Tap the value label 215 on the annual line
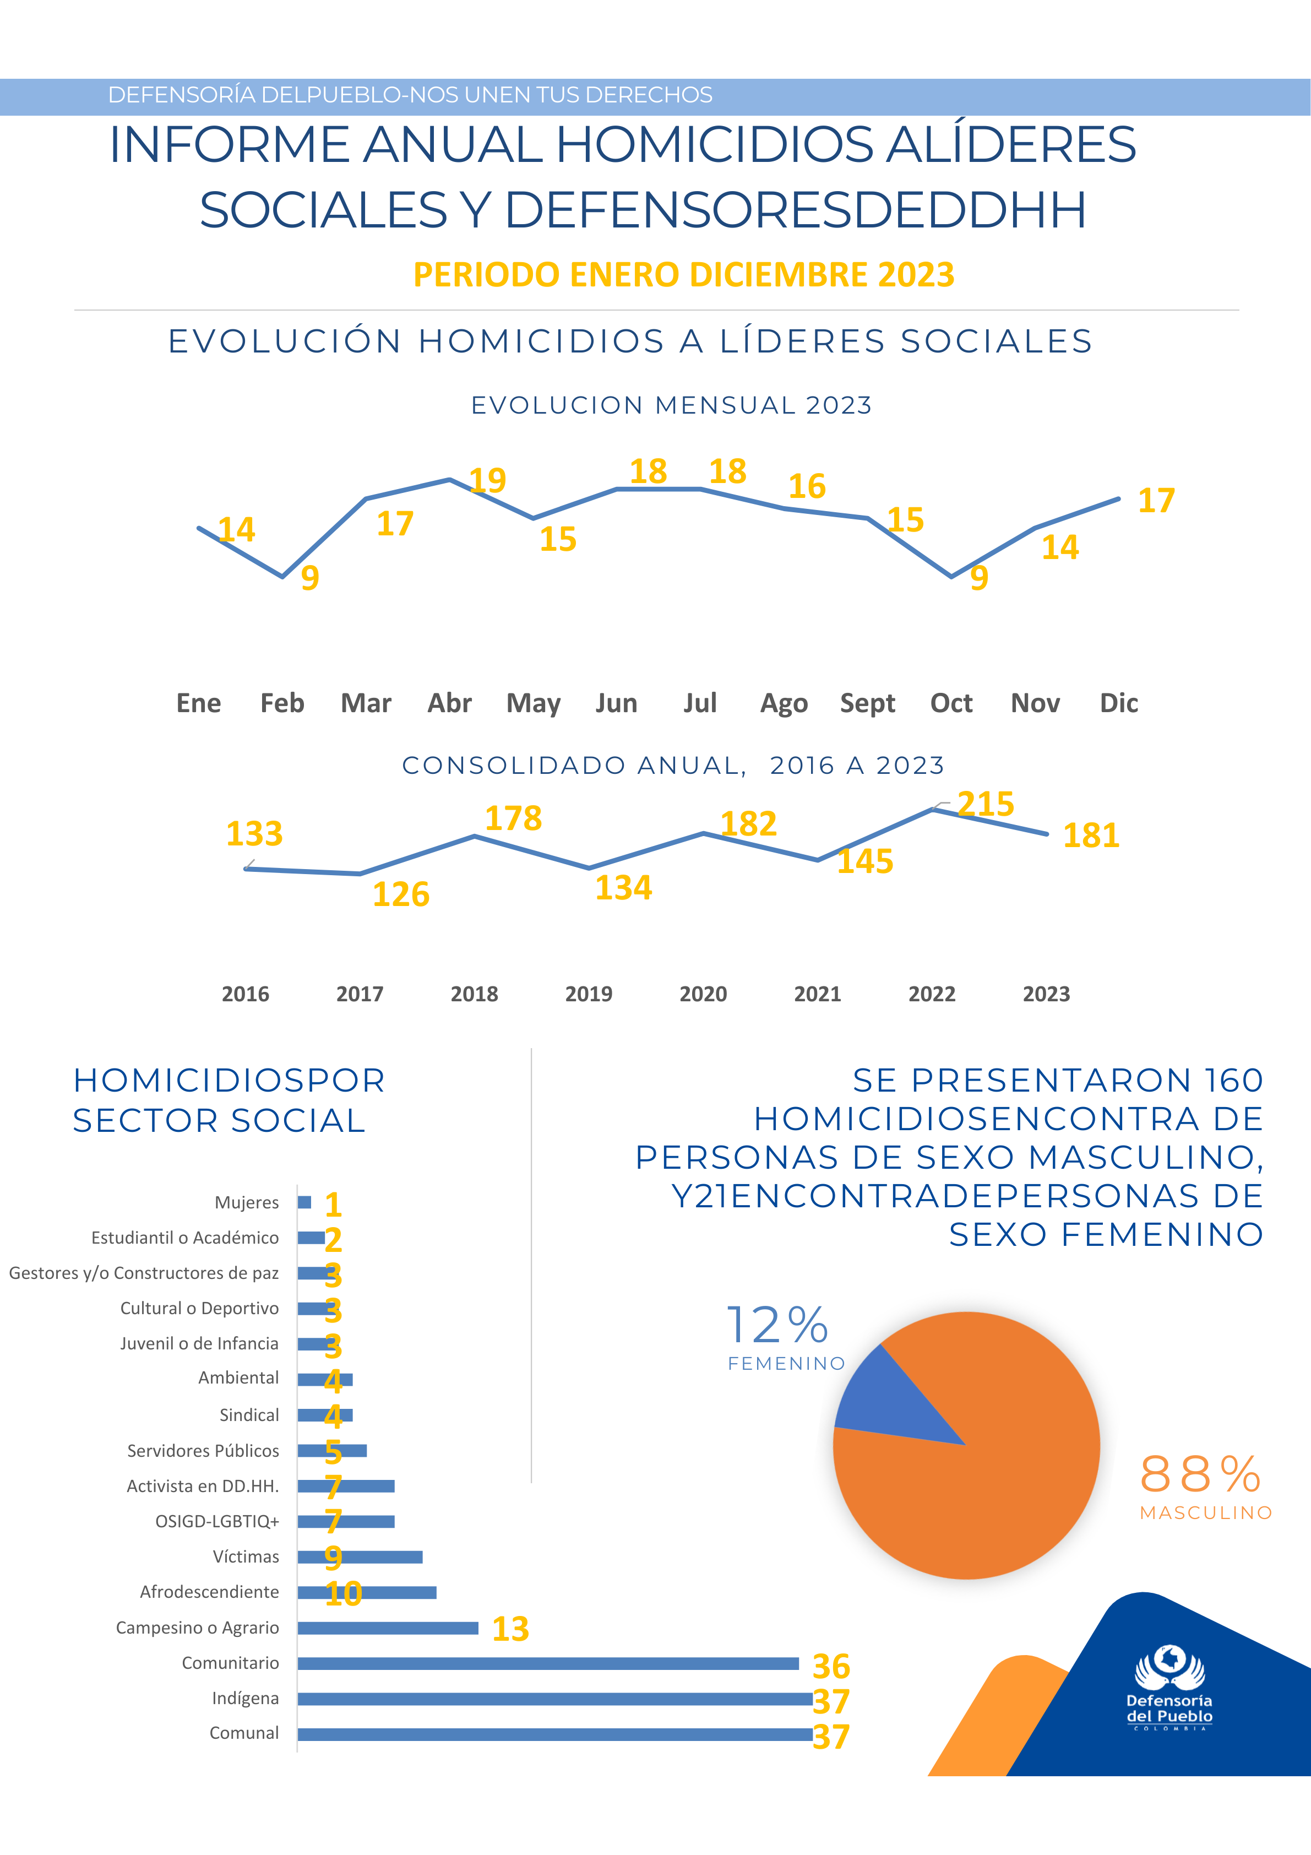(986, 804)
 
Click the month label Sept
(868, 703)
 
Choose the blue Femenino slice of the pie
(889, 1398)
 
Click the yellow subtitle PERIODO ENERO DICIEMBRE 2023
(683, 275)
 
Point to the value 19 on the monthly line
(488, 480)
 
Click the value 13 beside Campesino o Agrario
(510, 1629)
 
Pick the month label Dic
(1119, 703)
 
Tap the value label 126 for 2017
(401, 894)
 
